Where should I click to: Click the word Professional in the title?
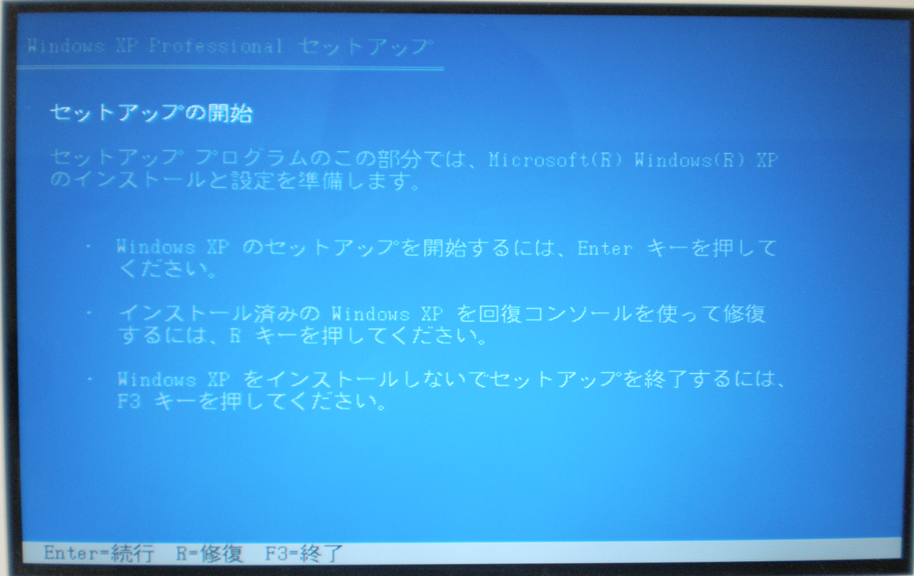tap(216, 46)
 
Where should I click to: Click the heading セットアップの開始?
tap(151, 113)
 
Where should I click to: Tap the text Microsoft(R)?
tap(556, 160)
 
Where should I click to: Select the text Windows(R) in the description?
tap(690, 160)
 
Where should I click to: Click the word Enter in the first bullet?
tap(605, 248)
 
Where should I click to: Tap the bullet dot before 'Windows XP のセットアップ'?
tap(89, 246)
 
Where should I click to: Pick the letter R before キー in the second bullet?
tap(235, 335)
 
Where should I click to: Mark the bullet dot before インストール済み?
tap(89, 313)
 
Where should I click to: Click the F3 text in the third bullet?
tap(129, 401)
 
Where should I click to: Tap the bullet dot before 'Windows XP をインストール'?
tap(89, 380)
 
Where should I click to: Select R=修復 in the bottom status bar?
tap(210, 554)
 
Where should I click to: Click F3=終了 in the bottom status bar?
tap(304, 554)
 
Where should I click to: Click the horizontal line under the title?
tap(230, 68)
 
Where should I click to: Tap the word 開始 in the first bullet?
tap(444, 248)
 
